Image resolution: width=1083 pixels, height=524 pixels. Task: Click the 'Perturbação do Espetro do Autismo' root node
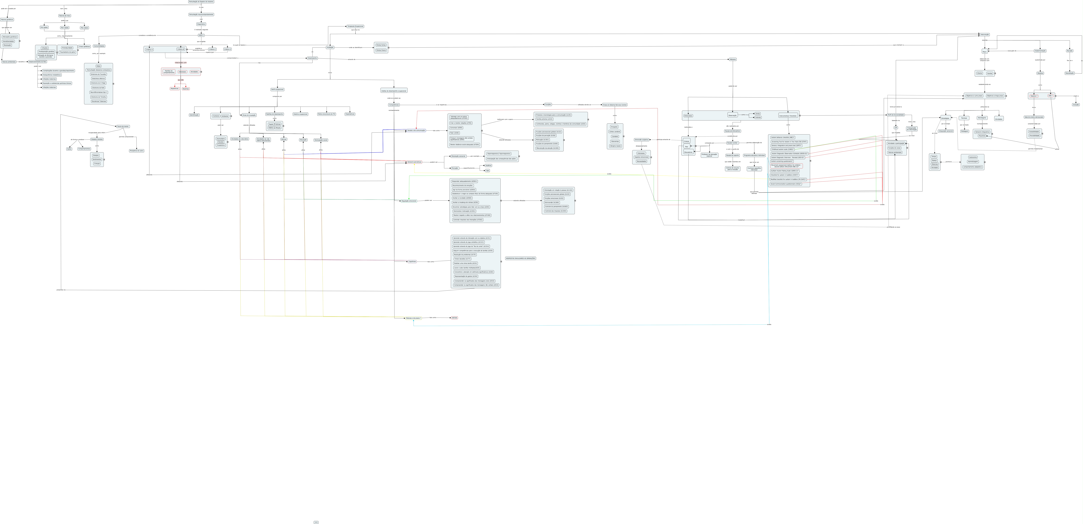pos(201,2)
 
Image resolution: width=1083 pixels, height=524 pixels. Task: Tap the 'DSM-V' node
pos(201,35)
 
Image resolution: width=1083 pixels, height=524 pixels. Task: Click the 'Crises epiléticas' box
pos(84,47)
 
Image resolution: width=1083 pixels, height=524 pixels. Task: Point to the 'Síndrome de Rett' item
pos(98,87)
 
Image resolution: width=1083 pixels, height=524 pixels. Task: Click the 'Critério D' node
pos(227,49)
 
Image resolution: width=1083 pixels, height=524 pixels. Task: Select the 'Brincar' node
pos(284,139)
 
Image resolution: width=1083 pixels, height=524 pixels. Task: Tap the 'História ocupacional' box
pos(300,114)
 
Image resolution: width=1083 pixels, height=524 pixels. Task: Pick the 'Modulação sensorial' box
pos(458,156)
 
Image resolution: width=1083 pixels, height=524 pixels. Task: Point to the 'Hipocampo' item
pos(615,141)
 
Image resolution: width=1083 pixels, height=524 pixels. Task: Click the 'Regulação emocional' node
pos(409,201)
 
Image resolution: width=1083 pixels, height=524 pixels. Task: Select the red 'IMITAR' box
pos(454,318)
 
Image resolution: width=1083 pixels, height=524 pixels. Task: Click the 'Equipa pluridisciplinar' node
pos(732,131)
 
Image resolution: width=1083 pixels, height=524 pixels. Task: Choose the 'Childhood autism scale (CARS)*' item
pos(782,149)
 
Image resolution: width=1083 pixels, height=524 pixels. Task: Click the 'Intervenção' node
pos(984,35)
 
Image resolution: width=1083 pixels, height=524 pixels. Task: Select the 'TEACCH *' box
pos(1034,96)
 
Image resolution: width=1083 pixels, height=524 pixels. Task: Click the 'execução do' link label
pos(1012,51)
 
